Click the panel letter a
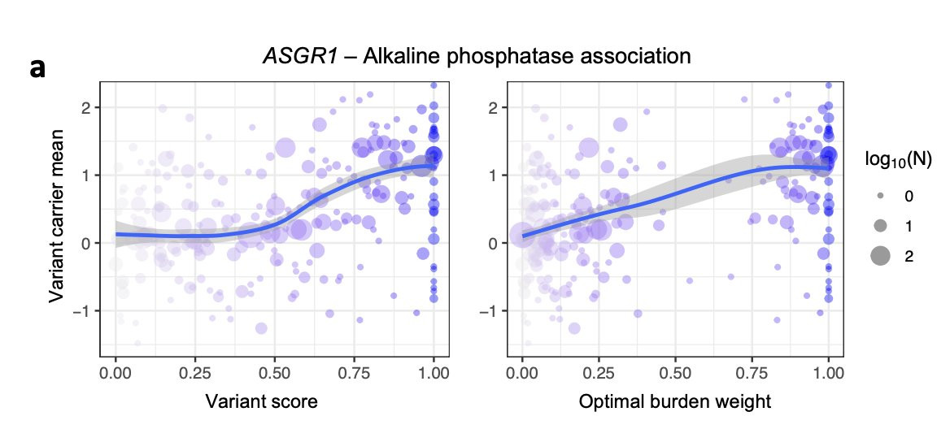(37, 69)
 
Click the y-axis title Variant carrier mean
(57, 219)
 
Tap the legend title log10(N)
(898, 161)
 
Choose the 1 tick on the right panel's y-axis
(494, 175)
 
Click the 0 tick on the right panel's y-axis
(494, 243)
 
